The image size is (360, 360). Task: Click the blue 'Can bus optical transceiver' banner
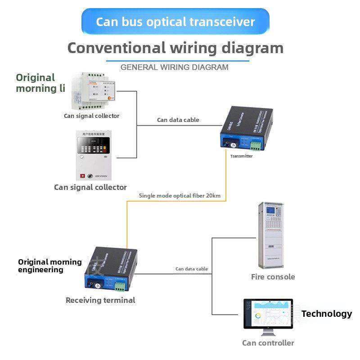175,21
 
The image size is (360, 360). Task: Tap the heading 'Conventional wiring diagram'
175,48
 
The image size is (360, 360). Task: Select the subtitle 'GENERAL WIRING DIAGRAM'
175,67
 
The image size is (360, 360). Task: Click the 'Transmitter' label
241,156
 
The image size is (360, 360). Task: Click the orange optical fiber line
127,225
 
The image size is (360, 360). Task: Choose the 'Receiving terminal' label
100,300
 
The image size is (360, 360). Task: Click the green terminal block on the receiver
119,287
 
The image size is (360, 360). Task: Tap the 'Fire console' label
273,277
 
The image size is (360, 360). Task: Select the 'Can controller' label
268,343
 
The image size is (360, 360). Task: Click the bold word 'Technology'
327,314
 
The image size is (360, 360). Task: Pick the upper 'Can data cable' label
178,120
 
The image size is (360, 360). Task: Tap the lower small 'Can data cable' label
192,269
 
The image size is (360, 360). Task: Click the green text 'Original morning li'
40,83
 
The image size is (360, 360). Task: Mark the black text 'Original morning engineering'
49,265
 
